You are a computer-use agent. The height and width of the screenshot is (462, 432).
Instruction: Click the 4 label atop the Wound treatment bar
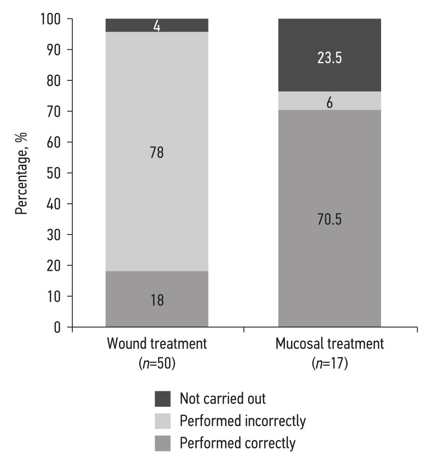click(157, 25)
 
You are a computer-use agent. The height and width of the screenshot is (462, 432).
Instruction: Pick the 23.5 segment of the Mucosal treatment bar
click(330, 58)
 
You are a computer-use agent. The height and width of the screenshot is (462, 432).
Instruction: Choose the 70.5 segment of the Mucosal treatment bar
click(330, 219)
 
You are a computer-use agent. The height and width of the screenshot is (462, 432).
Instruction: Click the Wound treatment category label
click(157, 344)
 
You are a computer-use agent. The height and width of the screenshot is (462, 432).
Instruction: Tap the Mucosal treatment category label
click(330, 344)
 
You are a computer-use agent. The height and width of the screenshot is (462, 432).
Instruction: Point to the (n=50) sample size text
click(157, 364)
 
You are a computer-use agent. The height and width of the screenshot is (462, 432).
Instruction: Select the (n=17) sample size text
click(330, 364)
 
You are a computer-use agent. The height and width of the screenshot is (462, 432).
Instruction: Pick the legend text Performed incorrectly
click(242, 421)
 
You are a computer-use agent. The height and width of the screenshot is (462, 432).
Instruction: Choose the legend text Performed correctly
click(238, 443)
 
